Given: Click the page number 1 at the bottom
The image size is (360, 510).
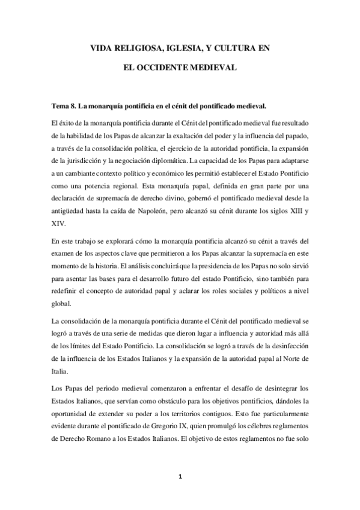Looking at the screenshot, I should pyautogui.click(x=180, y=477).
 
